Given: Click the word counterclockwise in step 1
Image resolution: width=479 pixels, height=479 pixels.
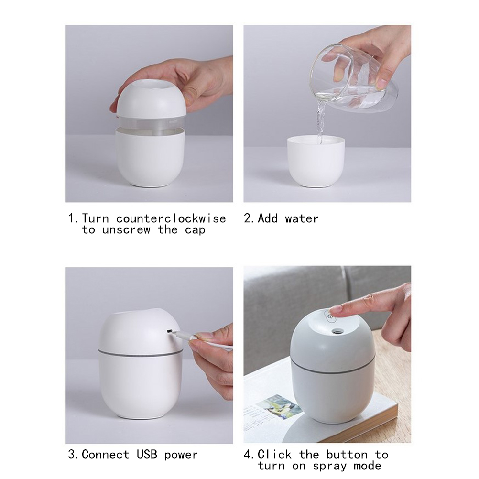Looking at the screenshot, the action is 171,219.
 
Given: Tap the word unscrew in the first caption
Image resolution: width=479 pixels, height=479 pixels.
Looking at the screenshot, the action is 126,230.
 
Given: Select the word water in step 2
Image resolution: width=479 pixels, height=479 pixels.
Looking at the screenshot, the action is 302,219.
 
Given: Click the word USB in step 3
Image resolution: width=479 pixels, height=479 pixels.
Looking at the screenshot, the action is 147,455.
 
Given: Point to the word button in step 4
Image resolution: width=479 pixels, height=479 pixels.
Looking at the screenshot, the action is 347,455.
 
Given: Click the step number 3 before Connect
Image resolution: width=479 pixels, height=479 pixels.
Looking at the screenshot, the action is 72,455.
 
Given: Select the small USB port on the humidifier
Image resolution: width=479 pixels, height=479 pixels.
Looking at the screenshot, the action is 168,330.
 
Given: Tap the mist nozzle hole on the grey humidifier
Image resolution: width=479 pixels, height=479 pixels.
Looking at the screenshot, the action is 337,331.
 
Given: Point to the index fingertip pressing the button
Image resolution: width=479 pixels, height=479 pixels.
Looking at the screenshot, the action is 335,312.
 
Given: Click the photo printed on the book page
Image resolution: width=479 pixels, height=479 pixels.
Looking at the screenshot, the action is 276,407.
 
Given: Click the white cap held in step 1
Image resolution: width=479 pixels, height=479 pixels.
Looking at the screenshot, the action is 152,97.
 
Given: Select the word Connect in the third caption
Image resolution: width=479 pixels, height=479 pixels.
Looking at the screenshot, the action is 105,455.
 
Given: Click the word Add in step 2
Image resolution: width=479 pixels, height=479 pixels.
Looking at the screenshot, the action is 268,219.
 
